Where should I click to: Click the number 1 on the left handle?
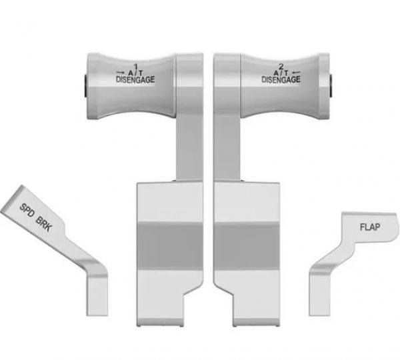pos(135,67)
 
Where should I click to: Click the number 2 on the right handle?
pos(281,67)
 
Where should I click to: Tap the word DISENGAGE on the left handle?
pos(135,79)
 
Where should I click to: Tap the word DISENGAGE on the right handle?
pos(281,79)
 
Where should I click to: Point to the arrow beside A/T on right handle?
pos(296,73)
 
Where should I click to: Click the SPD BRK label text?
pos(36,217)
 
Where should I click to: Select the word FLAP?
pos(370,227)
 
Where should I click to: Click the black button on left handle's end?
pos(85,86)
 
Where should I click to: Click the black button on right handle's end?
pos(331,86)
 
